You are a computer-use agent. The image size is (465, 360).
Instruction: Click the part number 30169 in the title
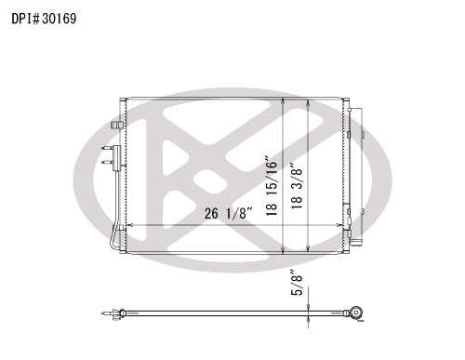(59, 19)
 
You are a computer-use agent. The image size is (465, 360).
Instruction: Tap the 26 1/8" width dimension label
(229, 213)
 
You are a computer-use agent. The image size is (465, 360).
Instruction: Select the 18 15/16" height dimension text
(272, 186)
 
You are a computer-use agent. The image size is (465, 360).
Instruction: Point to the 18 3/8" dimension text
(297, 186)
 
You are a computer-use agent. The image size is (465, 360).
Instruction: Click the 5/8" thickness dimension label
(297, 285)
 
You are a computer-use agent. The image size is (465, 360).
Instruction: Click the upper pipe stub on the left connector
(107, 148)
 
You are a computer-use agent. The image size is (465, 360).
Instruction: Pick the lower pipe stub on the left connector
(107, 162)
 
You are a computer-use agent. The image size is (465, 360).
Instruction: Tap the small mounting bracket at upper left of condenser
(117, 125)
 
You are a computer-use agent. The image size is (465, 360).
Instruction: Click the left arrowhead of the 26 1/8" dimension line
(130, 225)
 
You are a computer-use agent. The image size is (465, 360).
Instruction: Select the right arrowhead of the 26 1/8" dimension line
(339, 225)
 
